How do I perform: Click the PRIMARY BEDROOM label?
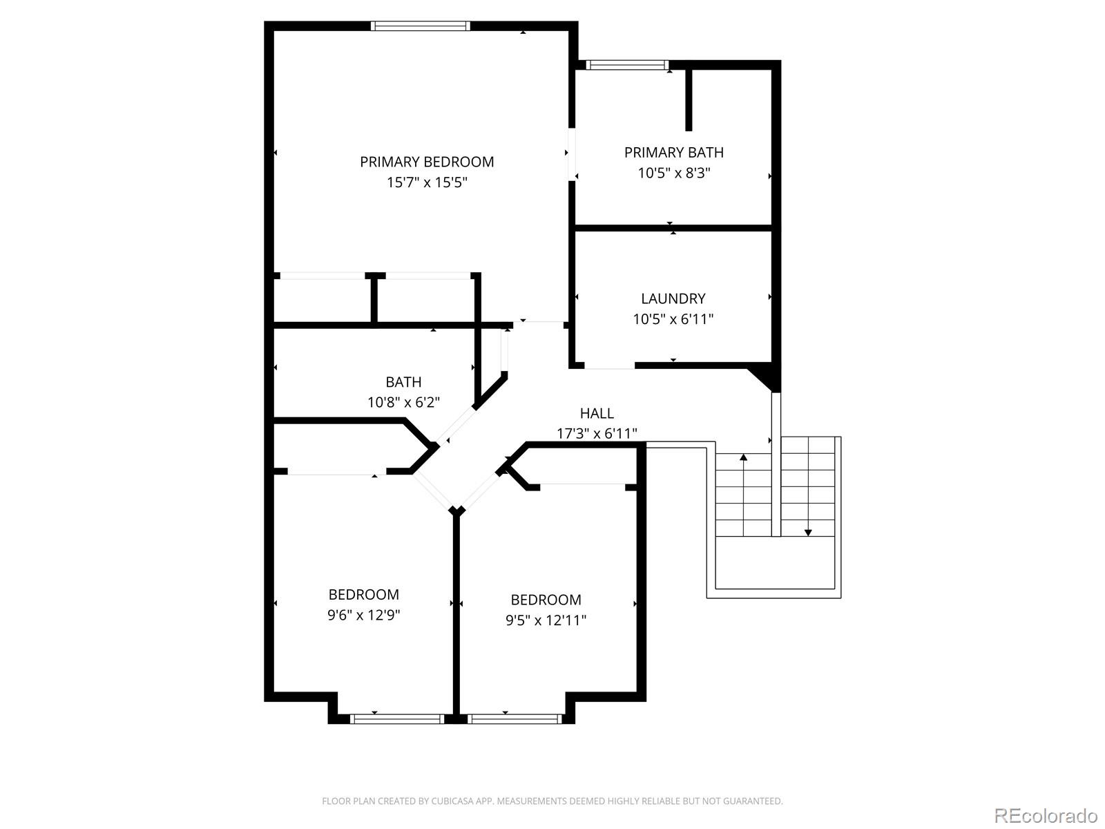tap(427, 162)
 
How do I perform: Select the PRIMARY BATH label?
tap(673, 152)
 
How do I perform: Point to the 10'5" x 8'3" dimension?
tap(673, 173)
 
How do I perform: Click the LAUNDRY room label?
tap(673, 298)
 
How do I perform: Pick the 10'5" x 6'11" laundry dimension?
tap(673, 319)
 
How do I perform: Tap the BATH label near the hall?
tap(403, 382)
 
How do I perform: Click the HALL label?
tap(597, 413)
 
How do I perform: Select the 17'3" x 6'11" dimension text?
tap(597, 434)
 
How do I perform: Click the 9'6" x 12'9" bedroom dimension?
tap(363, 615)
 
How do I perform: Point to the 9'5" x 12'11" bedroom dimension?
tap(546, 620)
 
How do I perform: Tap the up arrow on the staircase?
tap(743, 458)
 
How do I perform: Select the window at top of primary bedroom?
tap(420, 26)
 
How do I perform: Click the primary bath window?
tap(627, 65)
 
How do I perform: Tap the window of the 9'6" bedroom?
tap(396, 719)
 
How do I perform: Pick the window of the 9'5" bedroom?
tap(514, 719)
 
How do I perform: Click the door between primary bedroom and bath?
tap(572, 153)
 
